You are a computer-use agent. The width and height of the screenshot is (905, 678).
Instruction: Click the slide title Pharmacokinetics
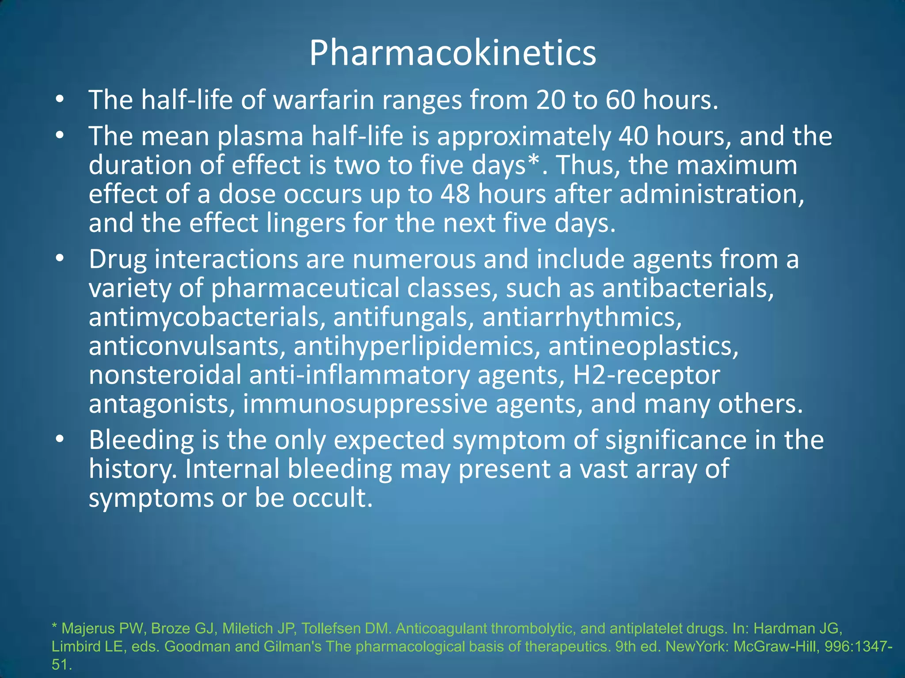[452, 53]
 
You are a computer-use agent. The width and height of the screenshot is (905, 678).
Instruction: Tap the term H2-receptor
[646, 375]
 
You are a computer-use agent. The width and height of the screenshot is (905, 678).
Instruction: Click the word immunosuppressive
[365, 404]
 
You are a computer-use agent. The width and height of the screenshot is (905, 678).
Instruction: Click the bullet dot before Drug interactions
[60, 259]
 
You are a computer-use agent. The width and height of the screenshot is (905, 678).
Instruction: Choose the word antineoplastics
[643, 346]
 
